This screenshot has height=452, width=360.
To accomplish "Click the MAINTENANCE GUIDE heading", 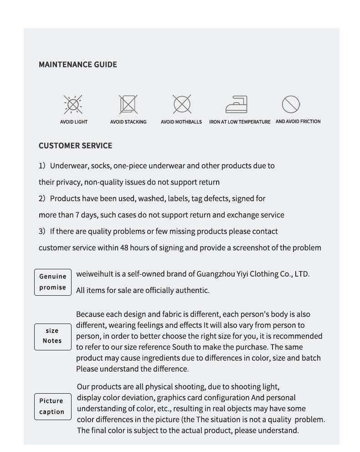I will [x=77, y=65].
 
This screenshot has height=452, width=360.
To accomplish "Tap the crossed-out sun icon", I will [x=73, y=105].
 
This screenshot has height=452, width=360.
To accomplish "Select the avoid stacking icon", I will [x=128, y=104].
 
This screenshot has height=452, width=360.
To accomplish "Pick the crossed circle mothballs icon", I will [x=181, y=104].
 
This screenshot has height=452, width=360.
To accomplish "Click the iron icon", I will [x=237, y=104].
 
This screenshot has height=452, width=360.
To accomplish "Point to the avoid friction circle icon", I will [x=290, y=104].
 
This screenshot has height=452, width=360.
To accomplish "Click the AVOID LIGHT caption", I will [x=73, y=122].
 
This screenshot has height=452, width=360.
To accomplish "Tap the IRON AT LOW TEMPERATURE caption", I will [x=240, y=122].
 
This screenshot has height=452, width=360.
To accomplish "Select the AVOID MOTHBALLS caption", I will [x=181, y=122].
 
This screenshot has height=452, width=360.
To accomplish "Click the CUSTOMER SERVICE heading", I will [x=75, y=146].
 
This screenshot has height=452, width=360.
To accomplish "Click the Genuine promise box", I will [x=53, y=282].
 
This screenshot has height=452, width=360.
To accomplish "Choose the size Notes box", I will [x=52, y=336].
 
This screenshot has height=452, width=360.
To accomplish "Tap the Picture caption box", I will [x=52, y=406].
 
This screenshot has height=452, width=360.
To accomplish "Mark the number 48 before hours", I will [x=124, y=248].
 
